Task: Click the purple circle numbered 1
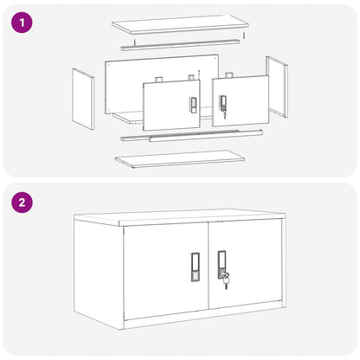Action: click(x=22, y=22)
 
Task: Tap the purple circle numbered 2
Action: click(x=22, y=202)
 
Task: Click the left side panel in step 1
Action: click(x=83, y=99)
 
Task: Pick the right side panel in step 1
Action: click(x=277, y=87)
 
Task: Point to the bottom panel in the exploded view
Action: click(x=180, y=158)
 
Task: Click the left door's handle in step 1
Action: click(x=193, y=105)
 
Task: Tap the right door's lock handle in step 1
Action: click(x=223, y=103)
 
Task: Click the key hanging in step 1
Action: click(x=225, y=115)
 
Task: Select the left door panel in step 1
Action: click(x=171, y=106)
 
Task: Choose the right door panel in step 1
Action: click(x=241, y=101)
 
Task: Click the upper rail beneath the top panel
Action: click(x=180, y=45)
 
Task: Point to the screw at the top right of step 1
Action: click(x=244, y=35)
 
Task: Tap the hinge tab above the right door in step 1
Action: click(x=229, y=75)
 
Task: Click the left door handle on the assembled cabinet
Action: click(x=195, y=267)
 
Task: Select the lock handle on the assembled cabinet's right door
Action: click(x=222, y=265)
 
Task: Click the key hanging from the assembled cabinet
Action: click(x=226, y=282)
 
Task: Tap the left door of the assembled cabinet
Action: click(x=166, y=270)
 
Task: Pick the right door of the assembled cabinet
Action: click(x=245, y=264)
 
